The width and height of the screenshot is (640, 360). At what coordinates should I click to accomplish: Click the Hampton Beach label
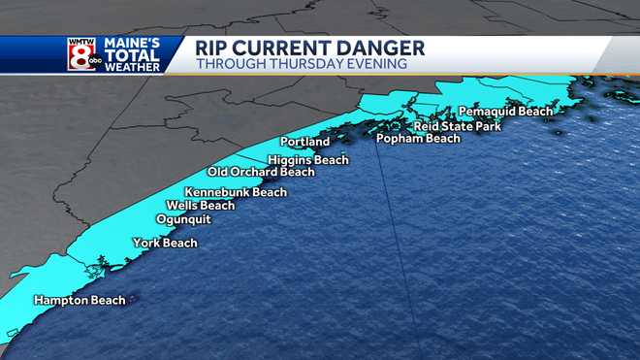point(80,301)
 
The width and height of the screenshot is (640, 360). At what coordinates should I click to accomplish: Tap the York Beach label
point(165,243)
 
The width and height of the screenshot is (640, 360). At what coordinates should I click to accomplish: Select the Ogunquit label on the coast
point(183,219)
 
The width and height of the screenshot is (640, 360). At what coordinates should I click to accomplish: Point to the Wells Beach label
point(201,206)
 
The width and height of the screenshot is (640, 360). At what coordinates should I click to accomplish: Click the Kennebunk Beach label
point(236,192)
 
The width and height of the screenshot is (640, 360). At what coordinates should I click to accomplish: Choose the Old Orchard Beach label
point(261,172)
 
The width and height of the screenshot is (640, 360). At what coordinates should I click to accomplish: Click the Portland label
point(304,143)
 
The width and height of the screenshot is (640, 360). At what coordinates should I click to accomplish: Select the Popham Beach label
point(418,139)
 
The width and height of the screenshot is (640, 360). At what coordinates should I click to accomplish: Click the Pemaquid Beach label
point(505,112)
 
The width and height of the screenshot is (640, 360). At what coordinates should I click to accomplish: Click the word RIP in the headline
point(213,48)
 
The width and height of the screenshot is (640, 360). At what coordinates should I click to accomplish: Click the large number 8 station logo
point(80,53)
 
